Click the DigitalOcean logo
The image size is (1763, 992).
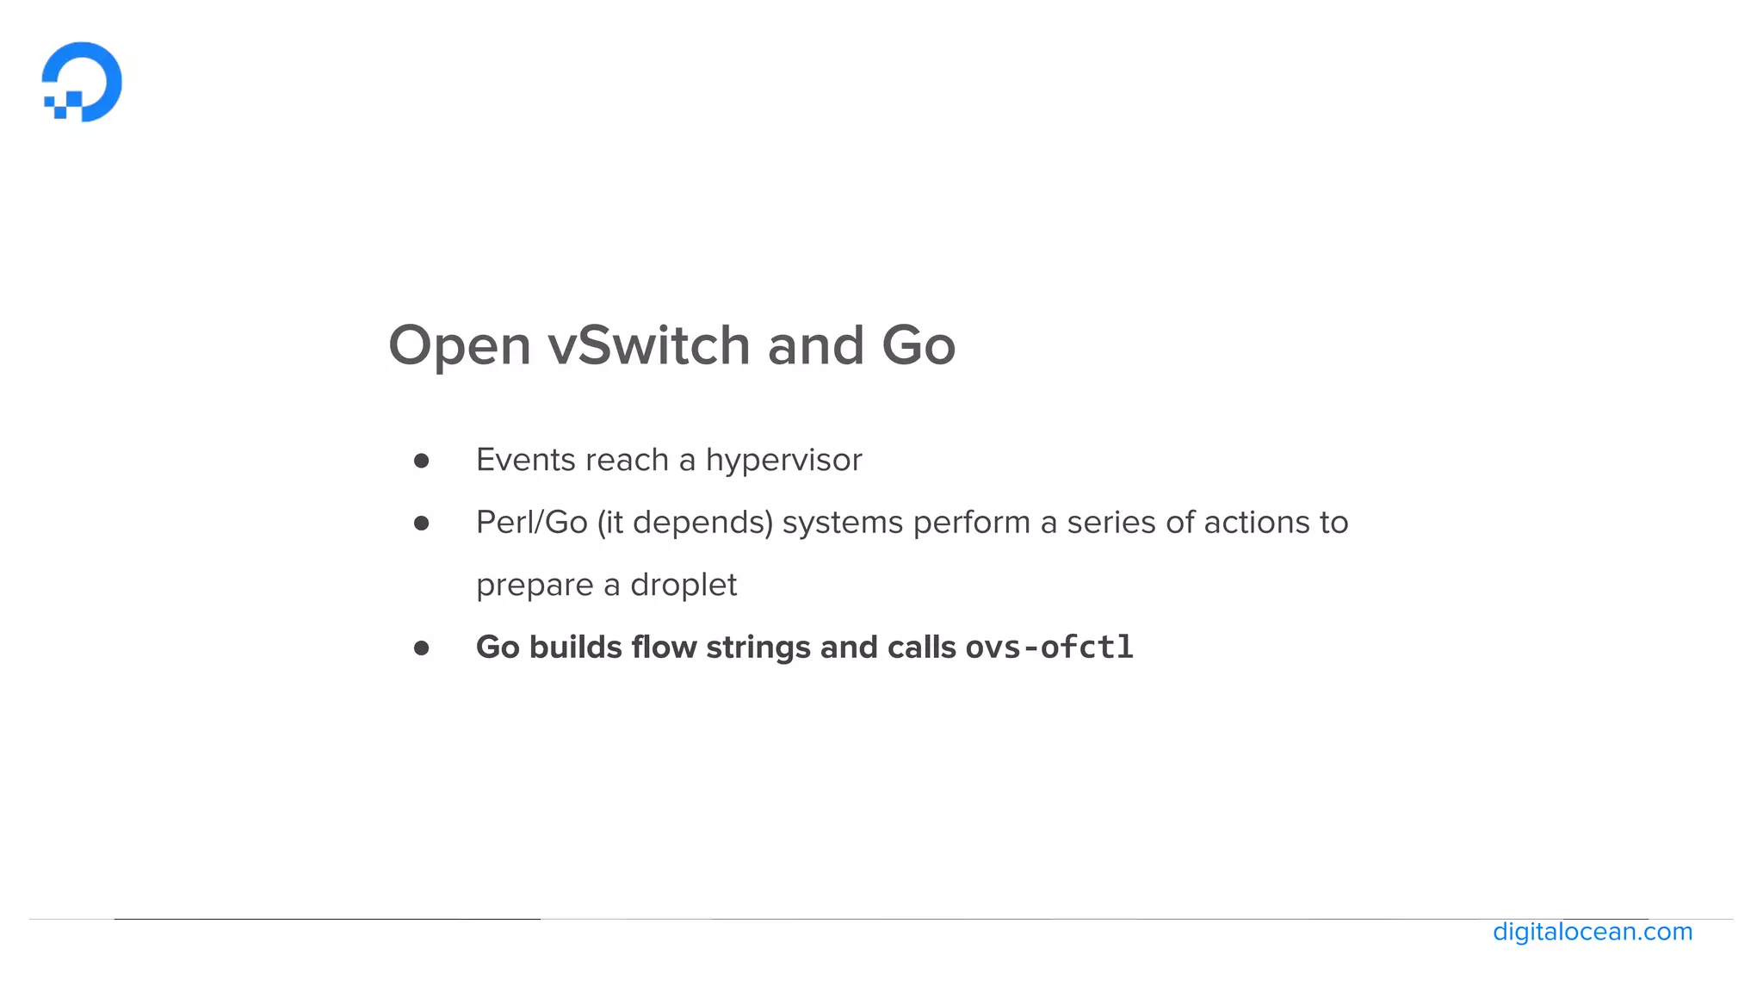pos(82,82)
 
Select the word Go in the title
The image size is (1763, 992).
pos(918,345)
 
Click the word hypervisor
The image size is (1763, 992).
pos(783,461)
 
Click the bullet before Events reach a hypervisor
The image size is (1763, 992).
pos(421,461)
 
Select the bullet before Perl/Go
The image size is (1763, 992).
pos(421,523)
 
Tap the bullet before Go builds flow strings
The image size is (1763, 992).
pos(421,648)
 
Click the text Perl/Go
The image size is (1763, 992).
pos(531,523)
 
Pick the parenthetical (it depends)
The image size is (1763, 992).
pos(685,523)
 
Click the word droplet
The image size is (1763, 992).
pos(684,585)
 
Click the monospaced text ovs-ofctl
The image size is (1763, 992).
pos(1049,647)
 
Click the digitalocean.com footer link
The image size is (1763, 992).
pos(1592,932)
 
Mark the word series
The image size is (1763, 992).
pos(1111,523)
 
